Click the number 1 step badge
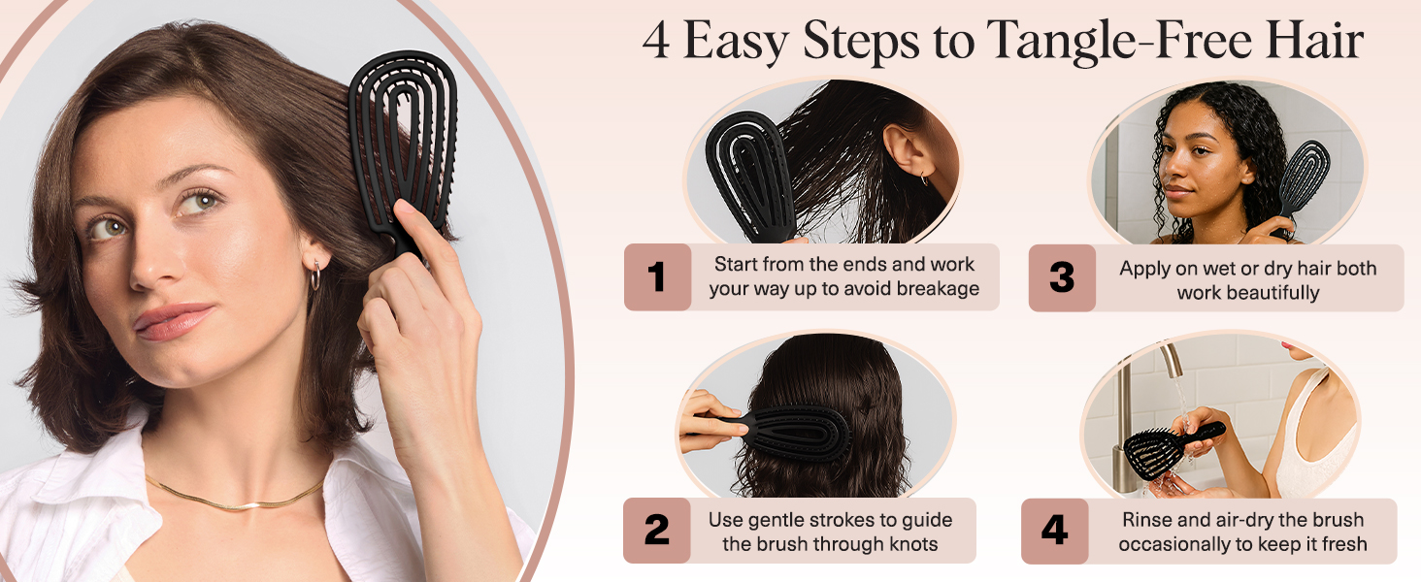(x=657, y=277)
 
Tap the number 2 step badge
(x=656, y=531)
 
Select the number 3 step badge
(x=1062, y=277)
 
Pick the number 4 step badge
(x=1054, y=531)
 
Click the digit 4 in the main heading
(x=656, y=41)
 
